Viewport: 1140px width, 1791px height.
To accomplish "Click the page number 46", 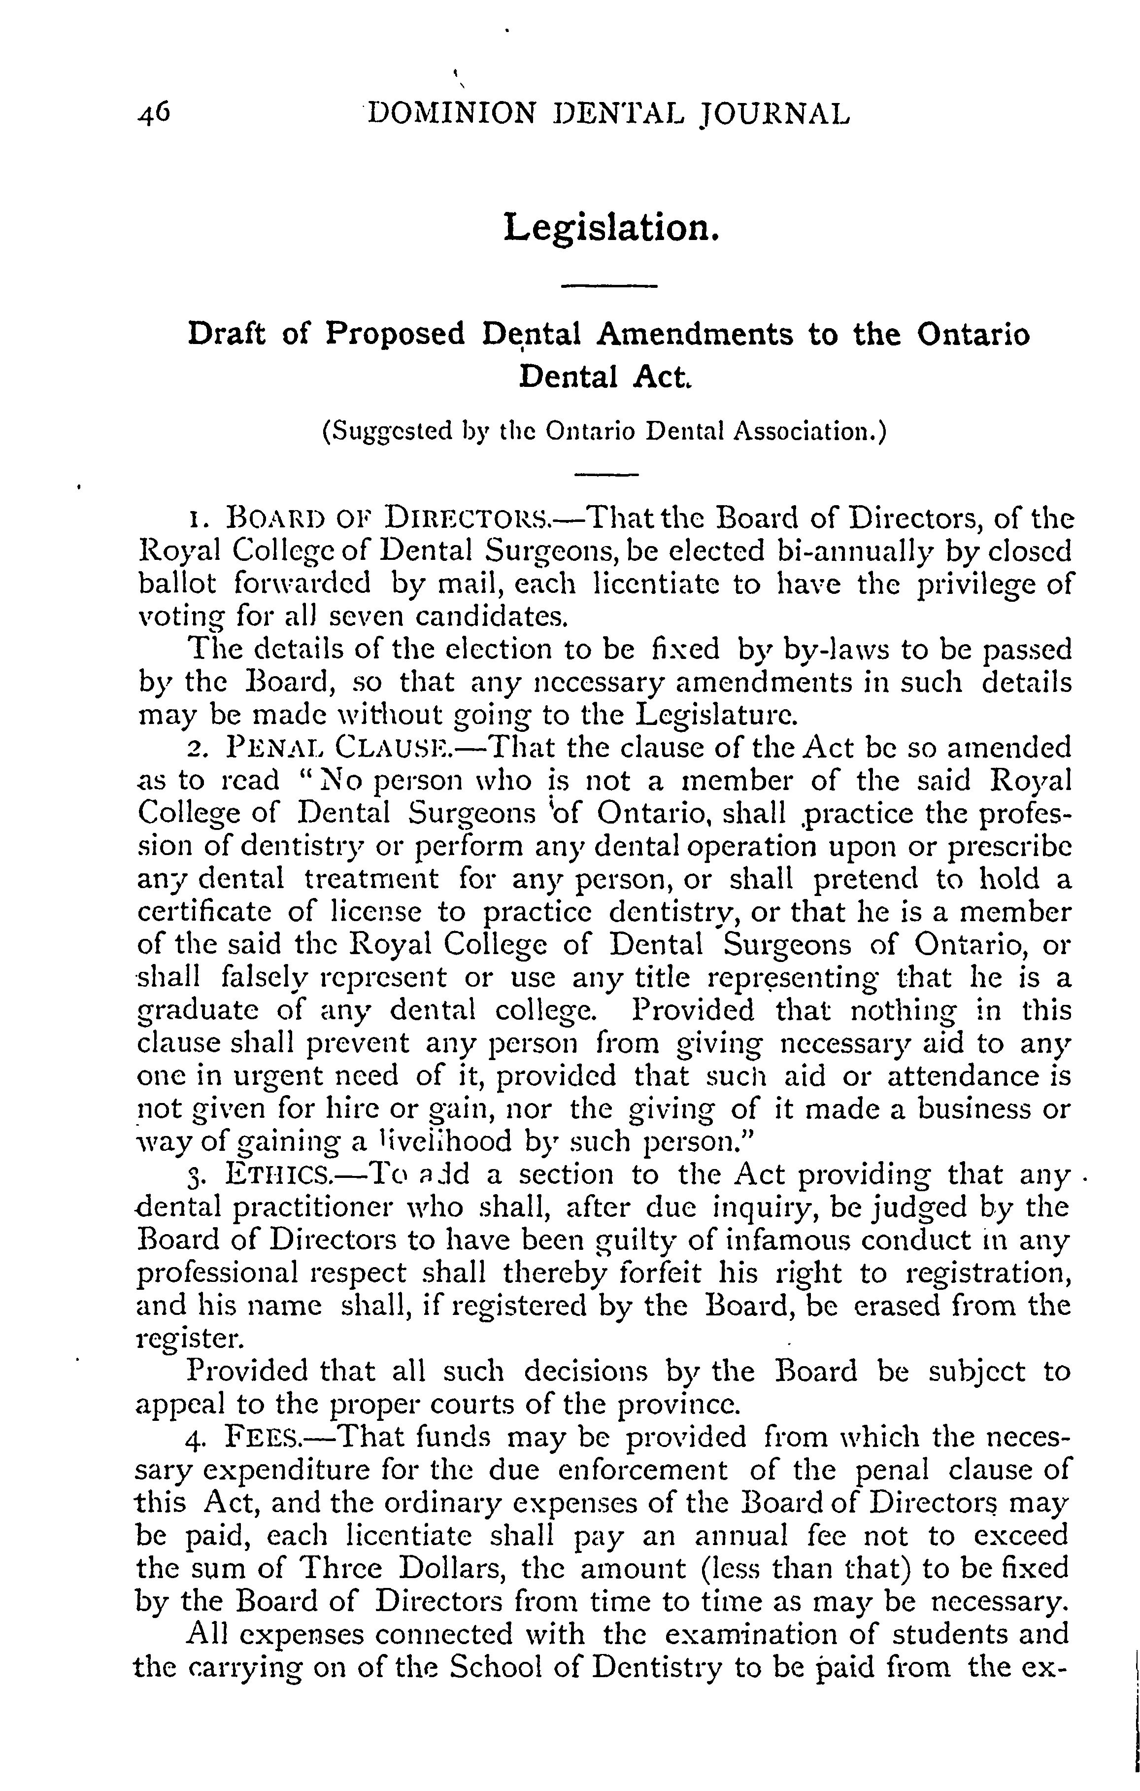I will click(155, 114).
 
